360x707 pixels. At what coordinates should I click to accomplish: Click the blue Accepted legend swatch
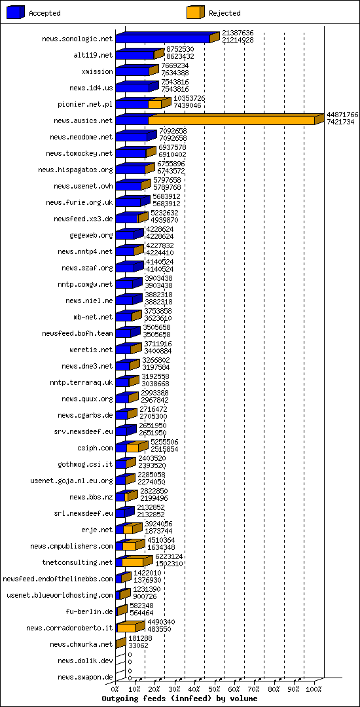[16, 12]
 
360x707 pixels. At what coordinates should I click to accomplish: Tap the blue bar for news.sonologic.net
[163, 39]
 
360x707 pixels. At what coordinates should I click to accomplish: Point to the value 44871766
[342, 115]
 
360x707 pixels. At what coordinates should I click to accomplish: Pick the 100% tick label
[314, 689]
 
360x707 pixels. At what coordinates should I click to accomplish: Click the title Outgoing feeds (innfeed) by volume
[179, 698]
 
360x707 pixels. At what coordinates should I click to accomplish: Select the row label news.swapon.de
[85, 677]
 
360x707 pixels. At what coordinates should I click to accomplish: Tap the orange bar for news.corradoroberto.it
[126, 628]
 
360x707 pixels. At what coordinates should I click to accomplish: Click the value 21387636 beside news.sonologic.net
[238, 33]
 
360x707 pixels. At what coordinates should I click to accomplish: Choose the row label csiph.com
[96, 448]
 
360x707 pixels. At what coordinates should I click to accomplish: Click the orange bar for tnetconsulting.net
[133, 562]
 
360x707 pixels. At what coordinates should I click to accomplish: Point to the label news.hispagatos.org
[75, 170]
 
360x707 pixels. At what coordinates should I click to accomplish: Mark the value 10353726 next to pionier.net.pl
[189, 98]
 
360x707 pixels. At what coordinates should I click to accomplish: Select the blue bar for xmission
[132, 71]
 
